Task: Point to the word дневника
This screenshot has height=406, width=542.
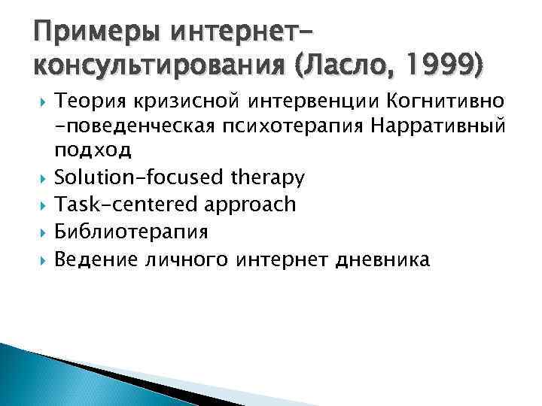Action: click(x=385, y=259)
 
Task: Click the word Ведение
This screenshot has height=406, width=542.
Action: click(x=93, y=259)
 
